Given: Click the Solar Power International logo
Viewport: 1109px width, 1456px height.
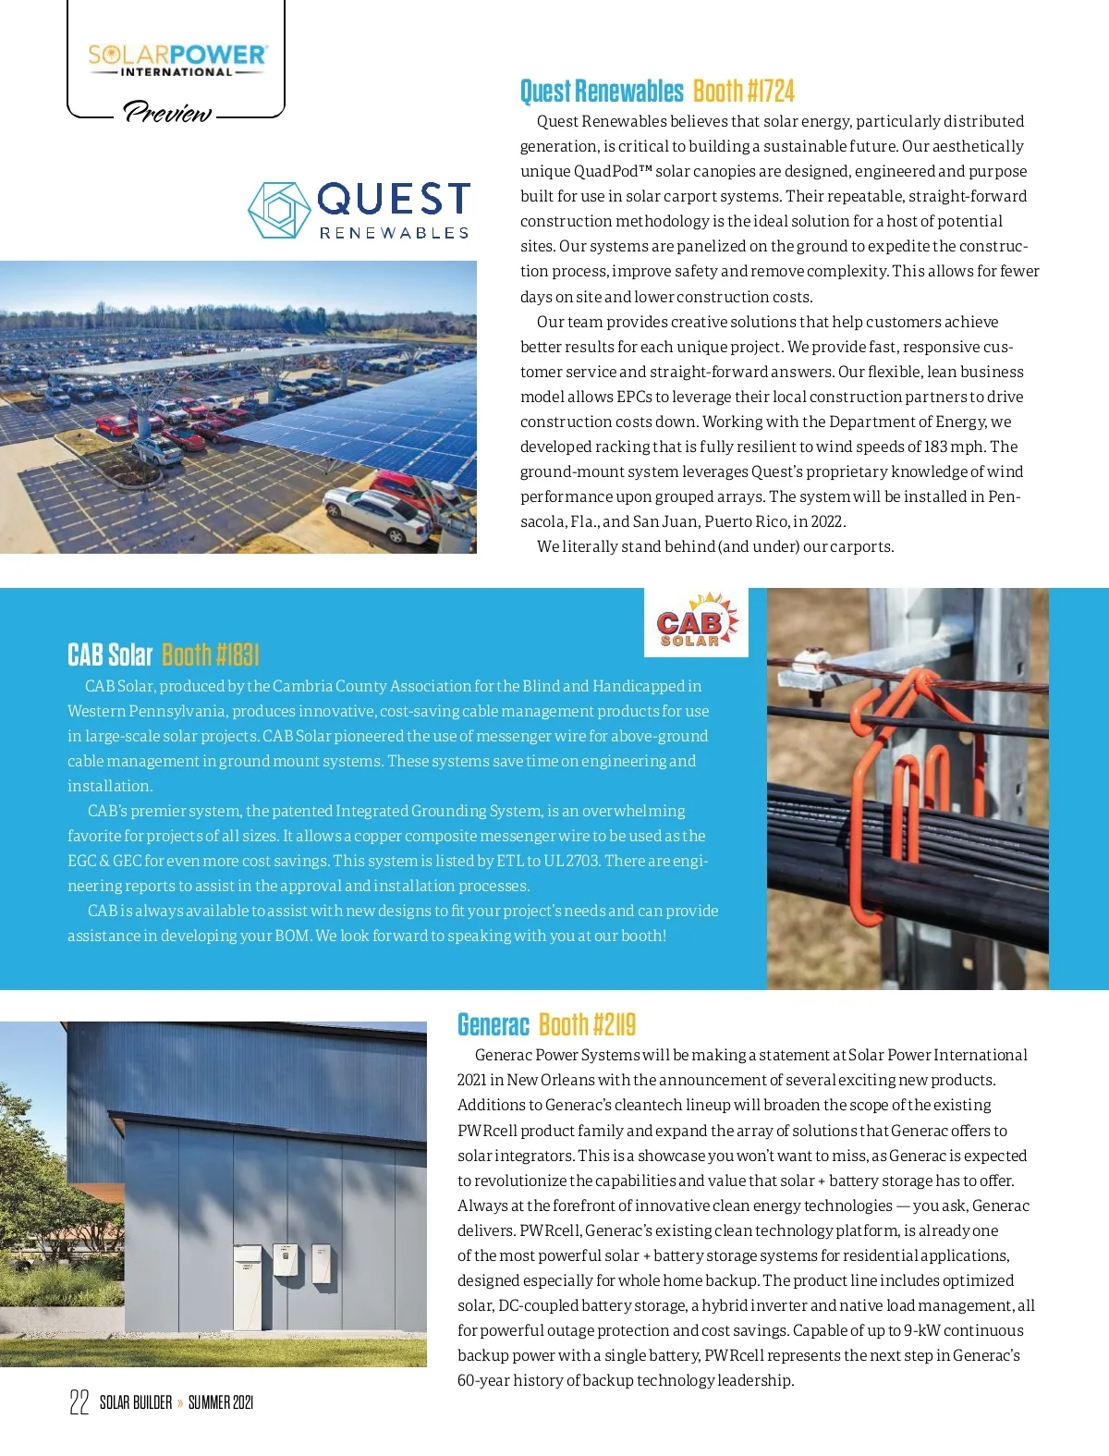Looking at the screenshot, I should click(x=177, y=59).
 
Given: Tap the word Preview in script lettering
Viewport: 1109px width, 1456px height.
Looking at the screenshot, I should click(x=168, y=113).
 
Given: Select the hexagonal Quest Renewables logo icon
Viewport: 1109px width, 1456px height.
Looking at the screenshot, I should click(x=278, y=210).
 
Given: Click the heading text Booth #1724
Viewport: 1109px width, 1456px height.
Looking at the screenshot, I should click(x=743, y=92).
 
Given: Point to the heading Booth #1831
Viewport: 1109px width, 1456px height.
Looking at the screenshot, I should click(x=210, y=655).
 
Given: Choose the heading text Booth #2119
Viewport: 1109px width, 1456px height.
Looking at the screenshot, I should click(x=587, y=1025).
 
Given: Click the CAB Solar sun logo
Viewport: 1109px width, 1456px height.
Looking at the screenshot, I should click(x=696, y=621).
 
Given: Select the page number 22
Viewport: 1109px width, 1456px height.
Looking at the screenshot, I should click(x=79, y=1402).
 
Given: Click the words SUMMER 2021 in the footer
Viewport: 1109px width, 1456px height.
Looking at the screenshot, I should click(x=220, y=1402).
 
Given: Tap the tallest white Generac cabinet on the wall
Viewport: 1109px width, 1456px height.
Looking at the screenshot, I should click(x=247, y=1272).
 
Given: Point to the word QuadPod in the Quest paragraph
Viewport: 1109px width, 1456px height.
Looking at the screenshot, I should click(x=605, y=172).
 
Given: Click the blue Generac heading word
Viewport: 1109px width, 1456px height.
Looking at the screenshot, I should click(x=493, y=1025).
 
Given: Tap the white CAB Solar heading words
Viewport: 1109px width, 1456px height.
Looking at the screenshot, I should click(x=109, y=655).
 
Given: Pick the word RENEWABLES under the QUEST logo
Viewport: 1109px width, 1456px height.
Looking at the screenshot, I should click(x=394, y=233).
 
